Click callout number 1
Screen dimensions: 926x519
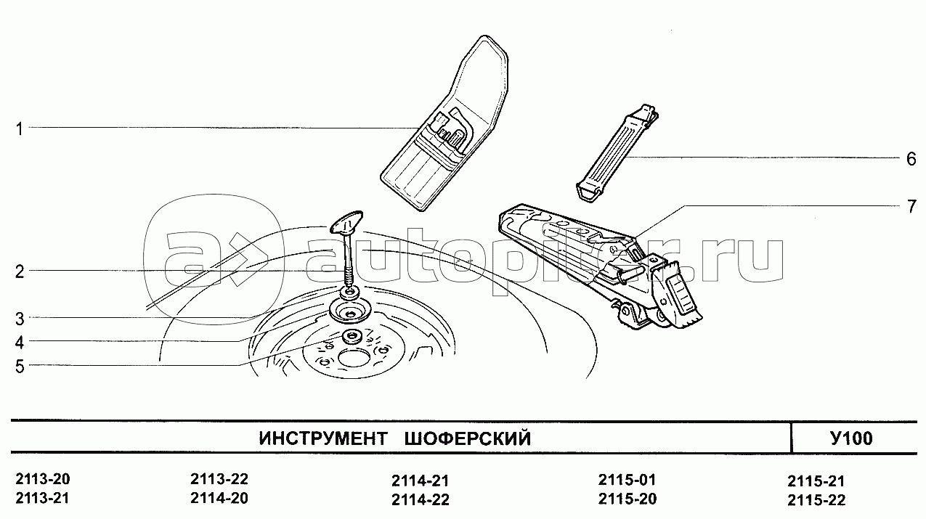point(19,129)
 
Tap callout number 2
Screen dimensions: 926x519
point(20,272)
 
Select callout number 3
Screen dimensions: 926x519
point(20,319)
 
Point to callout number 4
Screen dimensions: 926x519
point(20,343)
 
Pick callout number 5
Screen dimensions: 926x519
point(20,366)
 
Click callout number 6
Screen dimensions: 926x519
point(911,159)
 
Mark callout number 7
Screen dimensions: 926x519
point(911,206)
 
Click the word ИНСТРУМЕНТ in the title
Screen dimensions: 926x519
point(323,438)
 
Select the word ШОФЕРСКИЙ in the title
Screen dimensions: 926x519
point(468,438)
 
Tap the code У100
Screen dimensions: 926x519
point(852,438)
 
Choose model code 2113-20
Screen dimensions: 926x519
point(43,479)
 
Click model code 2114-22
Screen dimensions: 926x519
point(420,500)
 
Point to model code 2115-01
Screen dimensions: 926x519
point(627,480)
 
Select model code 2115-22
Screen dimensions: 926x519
point(816,500)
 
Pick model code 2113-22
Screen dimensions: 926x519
point(219,479)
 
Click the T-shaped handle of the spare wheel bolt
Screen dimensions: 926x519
point(346,223)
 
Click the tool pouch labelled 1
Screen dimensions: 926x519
point(444,124)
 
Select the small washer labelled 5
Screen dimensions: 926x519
point(352,336)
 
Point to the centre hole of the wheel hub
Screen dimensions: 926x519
point(354,359)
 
